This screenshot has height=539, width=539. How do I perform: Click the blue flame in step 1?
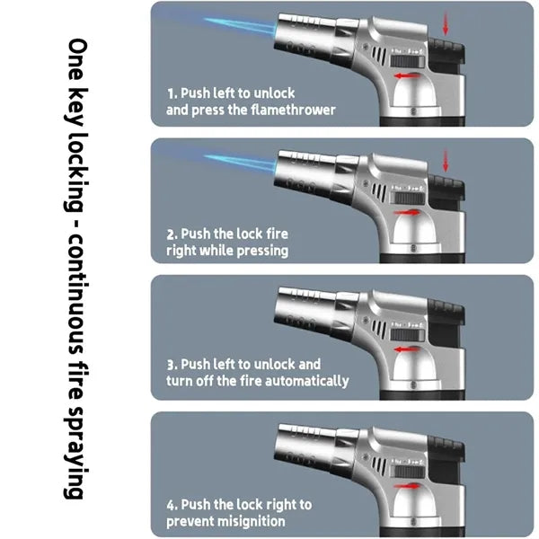pos(241,27)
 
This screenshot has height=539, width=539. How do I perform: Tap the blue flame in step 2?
pos(241,163)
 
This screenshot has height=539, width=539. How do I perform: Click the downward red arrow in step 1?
pos(446,23)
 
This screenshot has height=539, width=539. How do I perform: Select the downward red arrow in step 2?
pos(446,161)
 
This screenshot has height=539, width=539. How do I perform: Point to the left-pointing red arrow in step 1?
pos(407,75)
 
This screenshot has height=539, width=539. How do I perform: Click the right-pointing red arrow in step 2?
pos(407,212)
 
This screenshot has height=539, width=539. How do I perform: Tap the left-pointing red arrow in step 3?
pos(407,349)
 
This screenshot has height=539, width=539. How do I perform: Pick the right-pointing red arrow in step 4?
pos(407,486)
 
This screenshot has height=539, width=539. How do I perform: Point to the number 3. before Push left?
pos(172,365)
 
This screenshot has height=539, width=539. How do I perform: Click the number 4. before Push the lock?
pos(172,505)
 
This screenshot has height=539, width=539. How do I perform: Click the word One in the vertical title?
pos(76,59)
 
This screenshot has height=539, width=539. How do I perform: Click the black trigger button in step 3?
pos(446,312)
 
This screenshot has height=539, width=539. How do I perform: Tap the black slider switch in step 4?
pos(408,472)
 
